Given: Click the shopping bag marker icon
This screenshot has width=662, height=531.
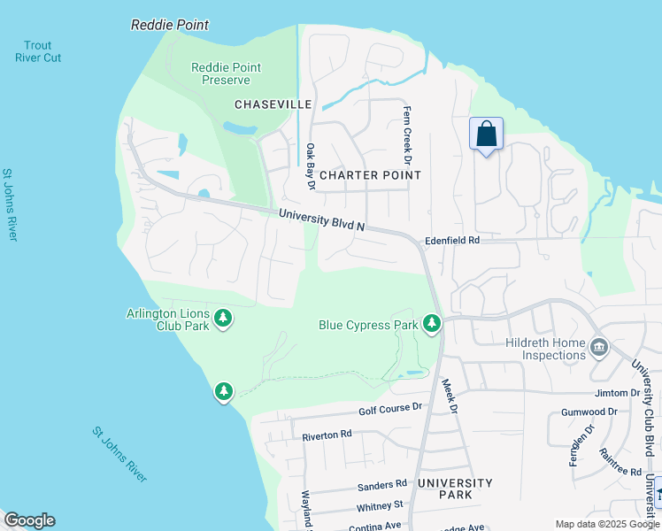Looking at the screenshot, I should pyautogui.click(x=486, y=135).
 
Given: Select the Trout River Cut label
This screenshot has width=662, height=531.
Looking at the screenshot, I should pyautogui.click(x=38, y=51).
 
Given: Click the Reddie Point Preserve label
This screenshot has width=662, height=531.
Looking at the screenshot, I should pyautogui.click(x=226, y=73).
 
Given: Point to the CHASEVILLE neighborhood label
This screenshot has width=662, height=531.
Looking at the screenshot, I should pyautogui.click(x=273, y=104).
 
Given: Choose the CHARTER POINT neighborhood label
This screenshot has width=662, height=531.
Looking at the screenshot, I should pyautogui.click(x=370, y=175).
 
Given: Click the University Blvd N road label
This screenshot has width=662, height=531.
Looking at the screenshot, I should pyautogui.click(x=321, y=219).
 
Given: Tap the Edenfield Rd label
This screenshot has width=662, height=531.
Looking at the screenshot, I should pyautogui.click(x=452, y=240).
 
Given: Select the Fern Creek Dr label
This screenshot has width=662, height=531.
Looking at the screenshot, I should pyautogui.click(x=408, y=135).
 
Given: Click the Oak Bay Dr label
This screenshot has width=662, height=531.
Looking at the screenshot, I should pyautogui.click(x=311, y=167).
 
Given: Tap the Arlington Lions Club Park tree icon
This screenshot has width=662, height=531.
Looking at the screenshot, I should pyautogui.click(x=224, y=318).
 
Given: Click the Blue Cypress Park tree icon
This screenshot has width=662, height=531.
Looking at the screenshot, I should pyautogui.click(x=432, y=325).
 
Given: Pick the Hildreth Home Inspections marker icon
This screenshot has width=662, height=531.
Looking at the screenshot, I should pyautogui.click(x=600, y=348).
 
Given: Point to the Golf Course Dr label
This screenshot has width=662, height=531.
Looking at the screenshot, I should pyautogui.click(x=392, y=410).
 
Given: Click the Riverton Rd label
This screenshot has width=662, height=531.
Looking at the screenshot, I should pyautogui.click(x=327, y=435).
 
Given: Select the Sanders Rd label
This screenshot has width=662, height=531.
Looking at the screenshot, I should pyautogui.click(x=381, y=484).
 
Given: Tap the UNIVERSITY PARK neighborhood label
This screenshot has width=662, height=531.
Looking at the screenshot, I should pyautogui.click(x=455, y=489).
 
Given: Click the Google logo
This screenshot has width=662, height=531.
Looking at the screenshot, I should pyautogui.click(x=29, y=520).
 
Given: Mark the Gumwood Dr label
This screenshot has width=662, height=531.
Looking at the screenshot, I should pyautogui.click(x=589, y=412).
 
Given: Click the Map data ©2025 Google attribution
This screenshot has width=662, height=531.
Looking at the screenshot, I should pyautogui.click(x=607, y=524).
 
